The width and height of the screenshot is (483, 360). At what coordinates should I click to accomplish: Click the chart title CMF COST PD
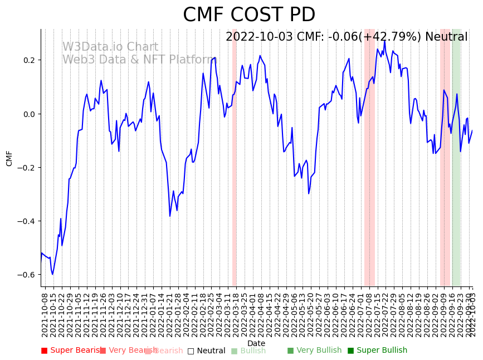[249, 15]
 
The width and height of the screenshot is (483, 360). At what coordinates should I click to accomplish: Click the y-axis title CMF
[9, 158]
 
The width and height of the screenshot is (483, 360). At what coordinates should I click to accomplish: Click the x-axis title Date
[256, 343]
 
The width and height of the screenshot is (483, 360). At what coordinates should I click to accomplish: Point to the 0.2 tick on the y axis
[28, 60]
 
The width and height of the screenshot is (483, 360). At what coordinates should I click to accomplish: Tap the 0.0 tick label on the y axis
[28, 114]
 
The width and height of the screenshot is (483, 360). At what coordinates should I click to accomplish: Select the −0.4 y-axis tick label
[26, 221]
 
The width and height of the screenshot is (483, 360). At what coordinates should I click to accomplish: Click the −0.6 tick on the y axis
[26, 275]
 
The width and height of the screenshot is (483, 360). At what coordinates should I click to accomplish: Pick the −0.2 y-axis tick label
[26, 168]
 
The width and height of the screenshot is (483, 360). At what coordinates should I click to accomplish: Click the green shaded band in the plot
[456, 156]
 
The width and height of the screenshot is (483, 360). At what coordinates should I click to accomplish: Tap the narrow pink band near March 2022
[235, 156]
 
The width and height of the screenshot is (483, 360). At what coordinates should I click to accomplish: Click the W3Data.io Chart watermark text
[110, 47]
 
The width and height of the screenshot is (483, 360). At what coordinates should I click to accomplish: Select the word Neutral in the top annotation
[446, 37]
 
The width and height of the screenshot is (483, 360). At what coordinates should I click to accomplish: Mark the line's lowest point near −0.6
[53, 274]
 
